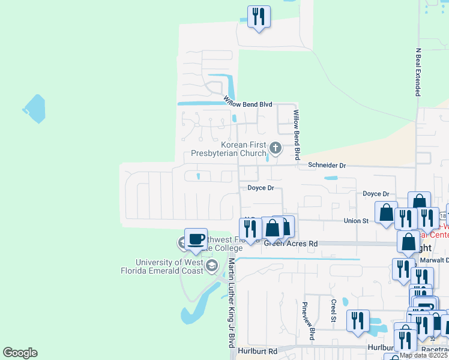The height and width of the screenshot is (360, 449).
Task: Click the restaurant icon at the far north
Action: (259, 17)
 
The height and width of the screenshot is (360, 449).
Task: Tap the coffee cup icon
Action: (196, 239)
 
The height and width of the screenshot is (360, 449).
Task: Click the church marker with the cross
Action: (276, 148)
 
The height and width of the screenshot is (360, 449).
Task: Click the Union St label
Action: (355, 221)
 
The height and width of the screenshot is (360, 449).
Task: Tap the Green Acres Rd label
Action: (291, 244)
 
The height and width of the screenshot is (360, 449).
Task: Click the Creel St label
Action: (333, 311)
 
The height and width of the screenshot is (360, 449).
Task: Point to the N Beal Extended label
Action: (418, 73)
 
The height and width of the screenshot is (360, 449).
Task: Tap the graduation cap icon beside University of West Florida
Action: (211, 265)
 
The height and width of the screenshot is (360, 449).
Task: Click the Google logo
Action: (20, 353)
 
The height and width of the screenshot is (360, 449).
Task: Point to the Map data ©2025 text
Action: (423, 355)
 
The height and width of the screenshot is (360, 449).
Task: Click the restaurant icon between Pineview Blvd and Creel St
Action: (357, 320)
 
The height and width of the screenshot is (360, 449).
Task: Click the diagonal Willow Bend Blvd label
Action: (248, 103)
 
